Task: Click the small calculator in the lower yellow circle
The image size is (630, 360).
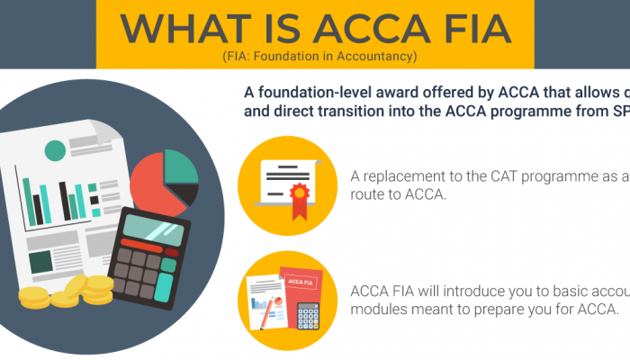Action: coord(309,315)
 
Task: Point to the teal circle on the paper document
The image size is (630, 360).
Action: coord(55,151)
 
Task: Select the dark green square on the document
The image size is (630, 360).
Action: coord(40,261)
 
